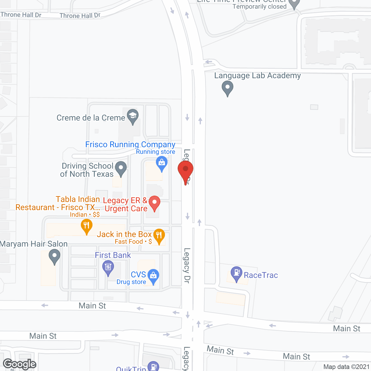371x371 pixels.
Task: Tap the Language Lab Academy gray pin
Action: click(228, 88)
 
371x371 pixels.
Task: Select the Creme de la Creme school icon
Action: click(132, 117)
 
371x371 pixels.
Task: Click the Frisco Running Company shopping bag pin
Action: click(162, 163)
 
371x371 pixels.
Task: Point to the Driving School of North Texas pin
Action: click(121, 168)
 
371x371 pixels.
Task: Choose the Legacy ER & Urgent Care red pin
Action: click(154, 203)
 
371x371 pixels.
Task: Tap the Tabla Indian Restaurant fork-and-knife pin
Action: click(86, 226)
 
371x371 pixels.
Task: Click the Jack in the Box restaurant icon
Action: click(159, 236)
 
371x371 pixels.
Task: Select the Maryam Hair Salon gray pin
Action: click(54, 256)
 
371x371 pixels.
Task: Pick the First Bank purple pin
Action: click(108, 267)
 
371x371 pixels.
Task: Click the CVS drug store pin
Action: click(153, 276)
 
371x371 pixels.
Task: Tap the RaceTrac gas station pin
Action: click(237, 273)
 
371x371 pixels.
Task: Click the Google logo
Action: click(20, 364)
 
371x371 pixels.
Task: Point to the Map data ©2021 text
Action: click(346, 367)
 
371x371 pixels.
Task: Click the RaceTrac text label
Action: click(261, 275)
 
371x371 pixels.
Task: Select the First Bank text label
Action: click(113, 255)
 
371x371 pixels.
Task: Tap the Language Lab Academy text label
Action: click(257, 76)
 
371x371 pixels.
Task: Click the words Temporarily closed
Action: click(259, 7)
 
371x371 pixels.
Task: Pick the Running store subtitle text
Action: click(156, 152)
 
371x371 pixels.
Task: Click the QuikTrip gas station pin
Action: click(153, 366)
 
